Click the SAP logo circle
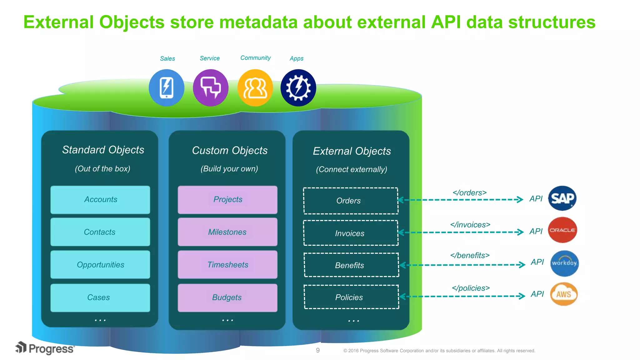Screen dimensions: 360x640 tap(562, 198)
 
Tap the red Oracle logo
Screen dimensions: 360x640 tap(562, 230)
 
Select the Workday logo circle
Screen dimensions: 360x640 tap(564, 263)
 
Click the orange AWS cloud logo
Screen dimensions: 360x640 tap(564, 294)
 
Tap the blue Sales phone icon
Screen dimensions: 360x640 tap(167, 88)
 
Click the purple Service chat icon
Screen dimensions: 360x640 tap(211, 88)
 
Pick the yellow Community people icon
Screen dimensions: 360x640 tap(255, 88)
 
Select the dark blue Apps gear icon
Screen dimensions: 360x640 tap(298, 88)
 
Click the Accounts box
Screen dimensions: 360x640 tap(100, 200)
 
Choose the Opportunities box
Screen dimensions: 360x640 tap(100, 265)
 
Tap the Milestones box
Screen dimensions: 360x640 tap(227, 232)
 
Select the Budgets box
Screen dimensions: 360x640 tap(227, 297)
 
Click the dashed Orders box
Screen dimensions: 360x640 tap(351, 201)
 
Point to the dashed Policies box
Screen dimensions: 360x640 tap(351, 297)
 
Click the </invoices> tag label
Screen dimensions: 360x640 tap(470, 225)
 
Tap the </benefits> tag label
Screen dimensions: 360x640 tap(470, 255)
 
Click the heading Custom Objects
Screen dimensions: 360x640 tap(230, 150)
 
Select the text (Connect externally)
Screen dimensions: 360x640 tap(351, 169)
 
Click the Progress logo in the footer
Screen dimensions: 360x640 tap(45, 348)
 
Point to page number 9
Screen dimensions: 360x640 tap(318, 350)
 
